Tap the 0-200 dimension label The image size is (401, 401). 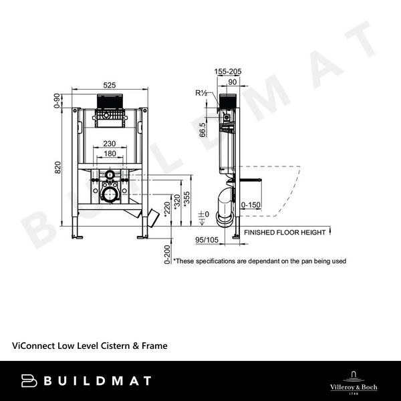[x=166, y=254]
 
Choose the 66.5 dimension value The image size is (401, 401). [x=202, y=128]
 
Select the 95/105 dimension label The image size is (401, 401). [x=207, y=239]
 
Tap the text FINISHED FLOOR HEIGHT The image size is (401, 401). [x=285, y=233]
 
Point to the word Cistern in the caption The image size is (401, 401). [x=116, y=346]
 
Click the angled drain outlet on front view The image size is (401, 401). [x=154, y=217]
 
